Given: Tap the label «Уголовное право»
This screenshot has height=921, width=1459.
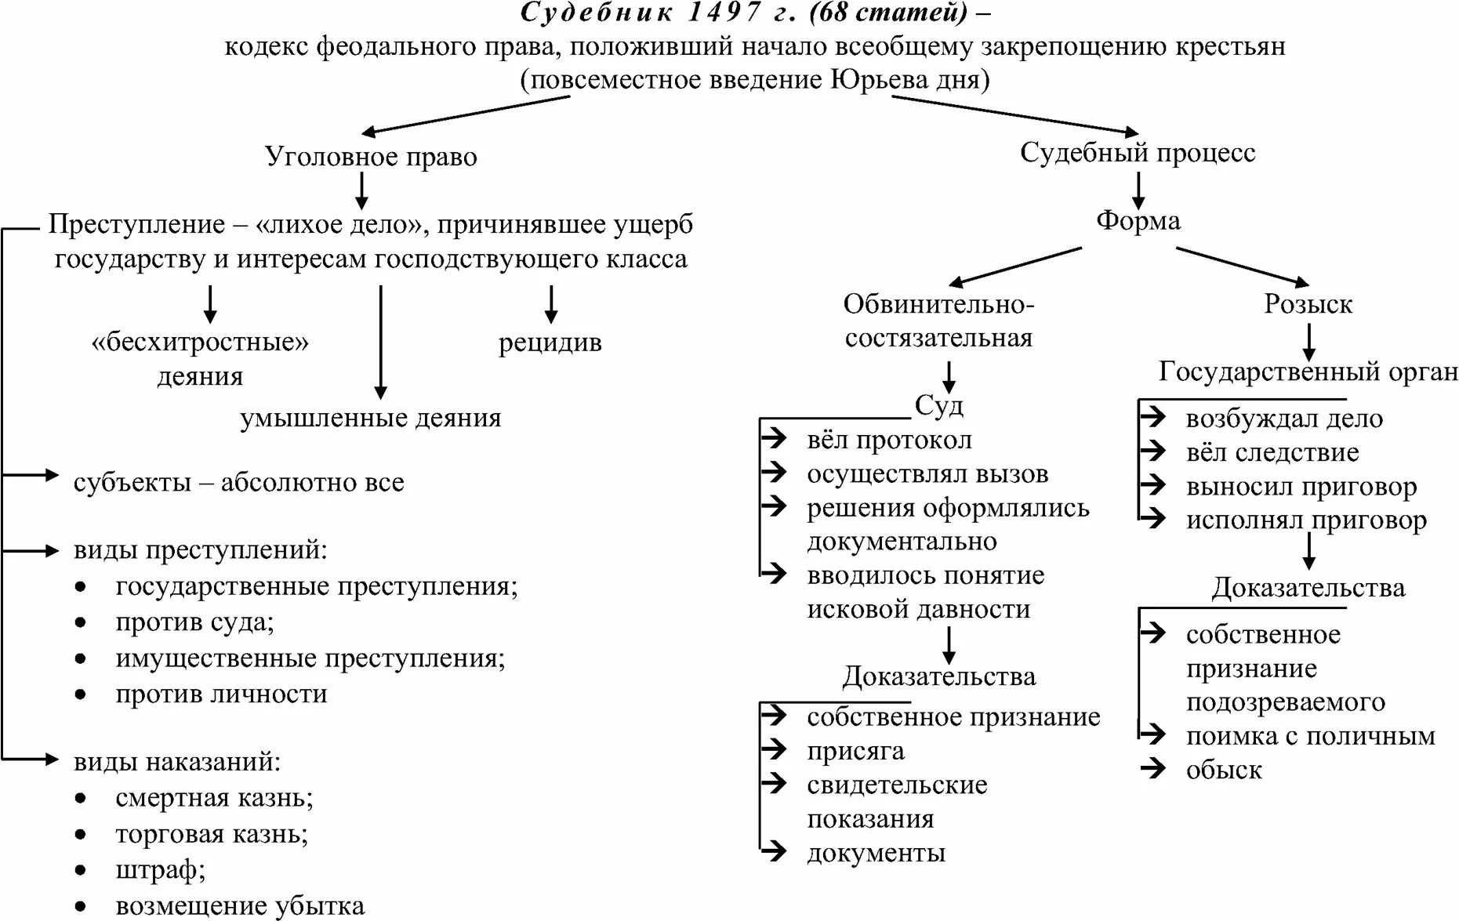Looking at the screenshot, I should (x=371, y=157).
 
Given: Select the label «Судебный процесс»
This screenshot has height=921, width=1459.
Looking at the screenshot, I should (x=1137, y=153).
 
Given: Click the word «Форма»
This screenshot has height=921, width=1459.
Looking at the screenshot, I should (x=1138, y=221).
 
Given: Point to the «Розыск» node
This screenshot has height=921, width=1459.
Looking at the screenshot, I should (x=1308, y=304).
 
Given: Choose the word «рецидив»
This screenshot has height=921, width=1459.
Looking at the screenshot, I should (x=550, y=343).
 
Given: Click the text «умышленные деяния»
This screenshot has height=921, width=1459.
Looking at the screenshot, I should (x=370, y=418).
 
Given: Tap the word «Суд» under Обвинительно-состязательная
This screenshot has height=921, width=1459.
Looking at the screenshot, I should (x=938, y=405).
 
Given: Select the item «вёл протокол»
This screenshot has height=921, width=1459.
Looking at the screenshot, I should (x=889, y=441).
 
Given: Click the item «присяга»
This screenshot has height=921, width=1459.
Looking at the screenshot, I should (x=855, y=751).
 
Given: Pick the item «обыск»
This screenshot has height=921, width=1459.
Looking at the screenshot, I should (x=1223, y=770).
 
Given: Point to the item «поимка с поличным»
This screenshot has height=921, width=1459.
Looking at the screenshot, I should (x=1310, y=736).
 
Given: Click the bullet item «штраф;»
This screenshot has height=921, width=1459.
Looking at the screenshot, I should (x=160, y=870).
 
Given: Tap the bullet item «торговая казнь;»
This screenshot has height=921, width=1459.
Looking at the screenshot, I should (x=212, y=834).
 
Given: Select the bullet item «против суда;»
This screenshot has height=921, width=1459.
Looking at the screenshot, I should (x=194, y=622).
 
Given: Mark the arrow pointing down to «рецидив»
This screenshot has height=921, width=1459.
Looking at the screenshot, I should (x=551, y=304).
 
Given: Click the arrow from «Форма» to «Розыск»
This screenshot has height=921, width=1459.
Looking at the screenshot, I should (x=1243, y=266).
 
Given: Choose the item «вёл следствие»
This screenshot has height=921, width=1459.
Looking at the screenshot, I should (x=1272, y=452).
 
